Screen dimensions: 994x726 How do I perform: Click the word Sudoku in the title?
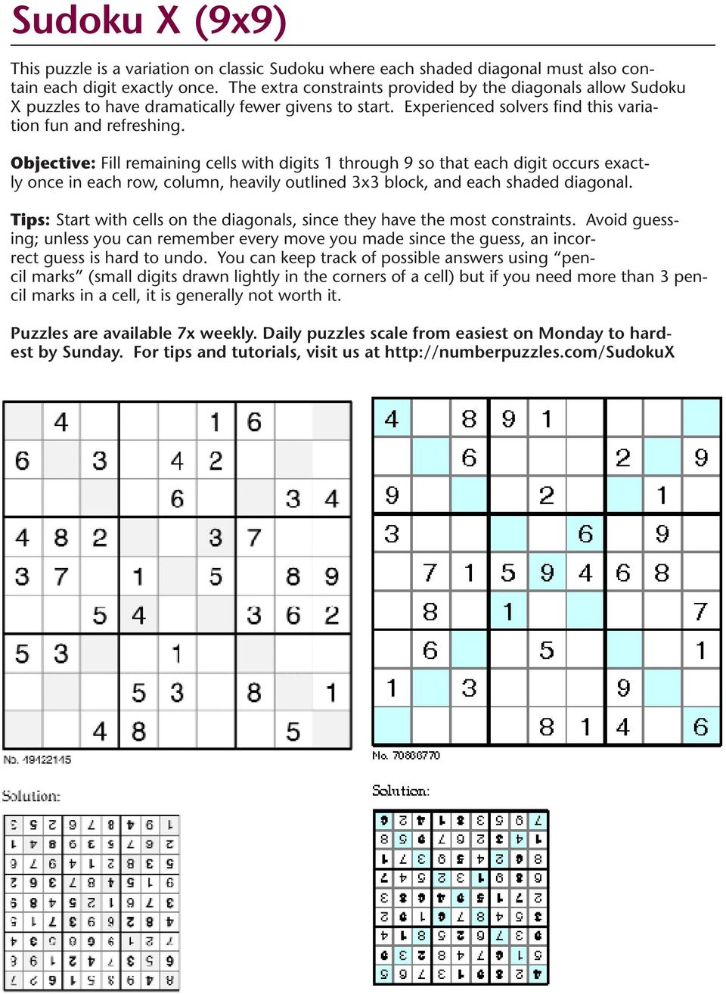coord(76,20)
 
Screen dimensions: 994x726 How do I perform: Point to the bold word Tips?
coord(30,220)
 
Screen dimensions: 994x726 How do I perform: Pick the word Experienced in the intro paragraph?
coord(451,107)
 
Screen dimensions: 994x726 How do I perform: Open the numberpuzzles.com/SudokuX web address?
coord(529,353)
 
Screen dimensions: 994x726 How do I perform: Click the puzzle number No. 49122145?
coord(37,759)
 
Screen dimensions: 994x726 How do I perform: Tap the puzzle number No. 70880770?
coord(406,755)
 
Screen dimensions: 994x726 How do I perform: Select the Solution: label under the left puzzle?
coord(31,796)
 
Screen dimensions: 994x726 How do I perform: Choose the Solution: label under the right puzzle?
coord(401,791)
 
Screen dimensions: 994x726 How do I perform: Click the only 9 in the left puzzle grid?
coord(331,576)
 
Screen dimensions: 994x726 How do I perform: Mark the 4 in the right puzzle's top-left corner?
coord(392,418)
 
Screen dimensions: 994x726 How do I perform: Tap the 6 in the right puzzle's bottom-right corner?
coord(700,727)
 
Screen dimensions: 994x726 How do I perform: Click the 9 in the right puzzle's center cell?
coord(547,573)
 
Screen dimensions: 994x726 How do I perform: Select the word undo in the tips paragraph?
coord(188,258)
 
